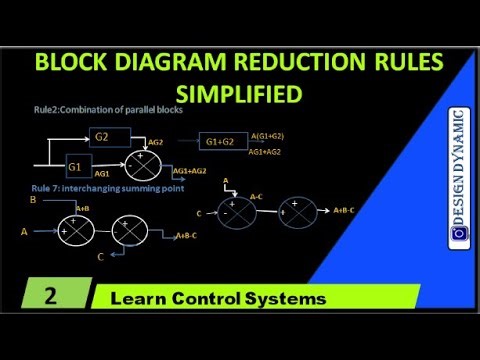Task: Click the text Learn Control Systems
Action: coord(219,299)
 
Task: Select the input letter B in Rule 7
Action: coord(33,199)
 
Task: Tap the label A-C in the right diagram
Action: coord(258,197)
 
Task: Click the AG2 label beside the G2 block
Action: coord(155,143)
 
